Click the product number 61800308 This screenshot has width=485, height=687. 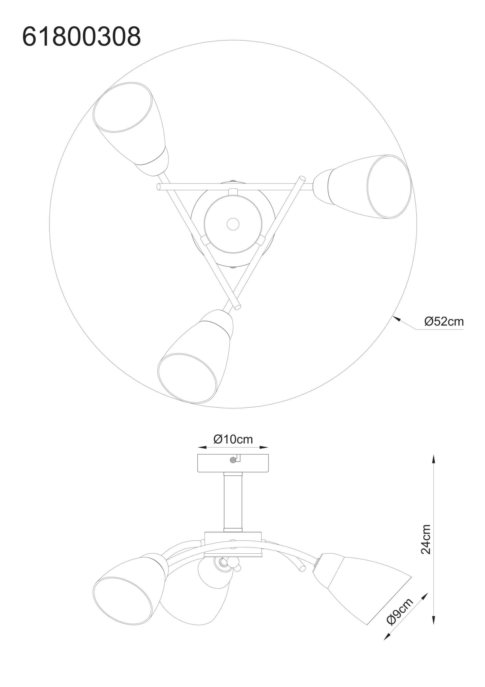coord(81,36)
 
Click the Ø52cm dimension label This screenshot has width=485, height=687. coord(444,322)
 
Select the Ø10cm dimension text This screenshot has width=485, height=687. coord(233,439)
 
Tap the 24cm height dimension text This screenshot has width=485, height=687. coord(426,539)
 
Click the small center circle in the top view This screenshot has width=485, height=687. coord(233,224)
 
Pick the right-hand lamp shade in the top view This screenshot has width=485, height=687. coord(363,187)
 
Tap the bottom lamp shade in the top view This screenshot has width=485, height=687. coord(195,356)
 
